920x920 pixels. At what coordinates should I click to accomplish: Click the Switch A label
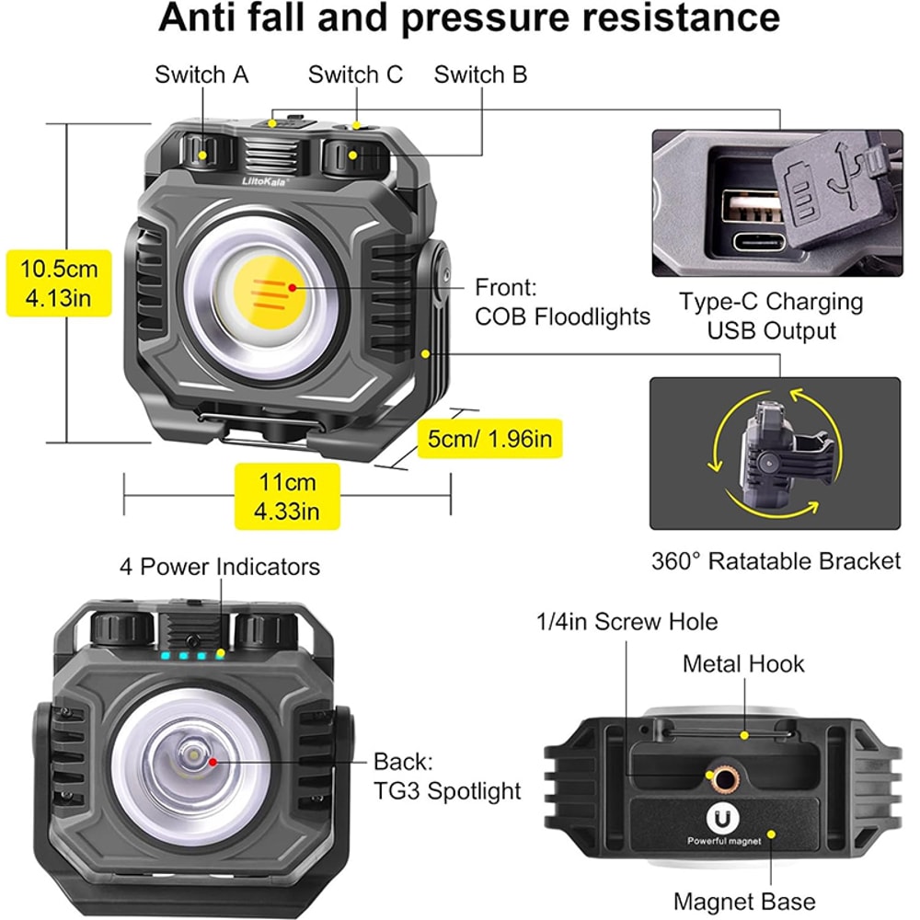(201, 75)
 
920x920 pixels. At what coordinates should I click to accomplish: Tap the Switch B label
(480, 75)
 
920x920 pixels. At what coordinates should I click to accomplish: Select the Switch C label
(355, 75)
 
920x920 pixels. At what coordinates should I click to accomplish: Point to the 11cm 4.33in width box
(287, 496)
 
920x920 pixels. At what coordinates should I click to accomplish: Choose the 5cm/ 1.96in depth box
(489, 439)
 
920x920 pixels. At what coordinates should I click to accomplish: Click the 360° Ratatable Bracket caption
(776, 560)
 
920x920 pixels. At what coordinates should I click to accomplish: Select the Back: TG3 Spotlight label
(447, 776)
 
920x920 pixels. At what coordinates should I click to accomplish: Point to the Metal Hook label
(743, 663)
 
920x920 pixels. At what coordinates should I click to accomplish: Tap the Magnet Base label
(744, 902)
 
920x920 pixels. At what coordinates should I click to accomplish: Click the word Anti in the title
(202, 18)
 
